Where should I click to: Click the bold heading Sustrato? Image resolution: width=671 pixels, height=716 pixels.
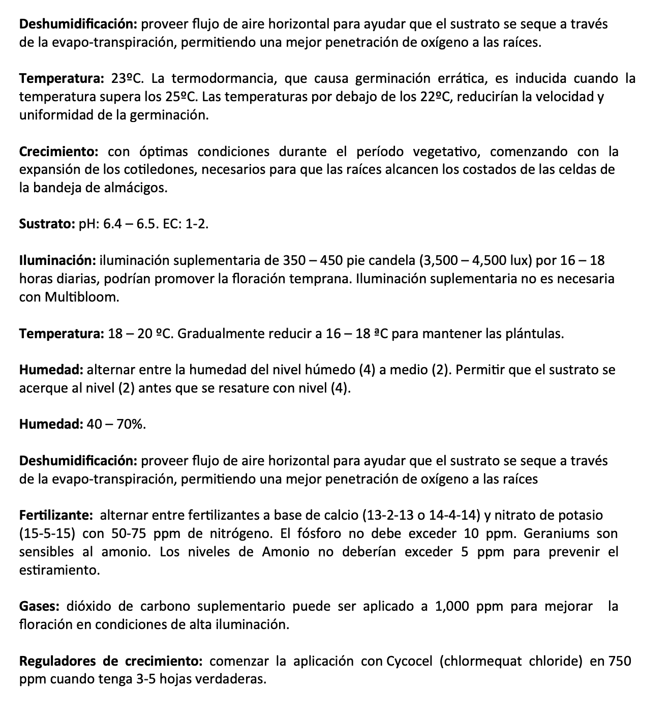click(47, 224)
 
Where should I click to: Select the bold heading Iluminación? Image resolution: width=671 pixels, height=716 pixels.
click(57, 261)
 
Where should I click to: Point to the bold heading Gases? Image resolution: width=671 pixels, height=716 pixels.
click(40, 606)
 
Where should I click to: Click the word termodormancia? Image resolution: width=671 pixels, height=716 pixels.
click(223, 78)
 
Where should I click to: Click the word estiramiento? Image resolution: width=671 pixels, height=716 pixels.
click(59, 570)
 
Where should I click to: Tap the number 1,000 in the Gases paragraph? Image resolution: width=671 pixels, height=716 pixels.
click(452, 606)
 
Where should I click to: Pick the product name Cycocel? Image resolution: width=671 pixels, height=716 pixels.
click(410, 661)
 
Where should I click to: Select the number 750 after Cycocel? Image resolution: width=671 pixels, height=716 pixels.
click(620, 661)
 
